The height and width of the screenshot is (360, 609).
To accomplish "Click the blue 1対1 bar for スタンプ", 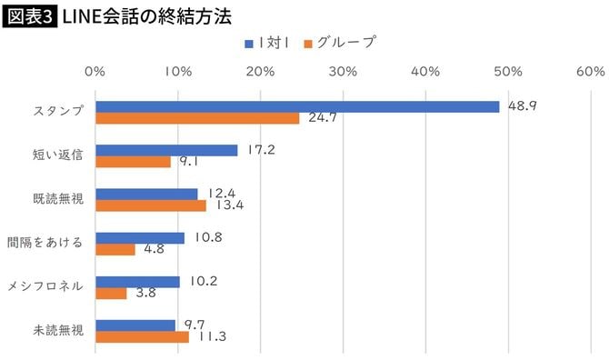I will point(297,106).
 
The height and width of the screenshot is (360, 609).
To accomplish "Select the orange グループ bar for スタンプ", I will point(197,118).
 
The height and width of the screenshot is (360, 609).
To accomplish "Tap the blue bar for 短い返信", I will point(166,150).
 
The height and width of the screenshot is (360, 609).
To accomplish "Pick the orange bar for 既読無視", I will point(151,205).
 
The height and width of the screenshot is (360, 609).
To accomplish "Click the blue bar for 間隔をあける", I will point(140,237).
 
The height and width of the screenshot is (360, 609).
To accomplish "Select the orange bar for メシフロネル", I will point(111,293).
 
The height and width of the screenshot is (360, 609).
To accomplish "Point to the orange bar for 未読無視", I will point(142,336).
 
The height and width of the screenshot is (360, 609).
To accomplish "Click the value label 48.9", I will point(522,105).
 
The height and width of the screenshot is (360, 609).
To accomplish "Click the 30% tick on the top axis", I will point(342,71).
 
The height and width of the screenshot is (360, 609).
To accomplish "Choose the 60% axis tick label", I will point(590,71).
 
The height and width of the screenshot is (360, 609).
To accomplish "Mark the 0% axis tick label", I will point(95,71).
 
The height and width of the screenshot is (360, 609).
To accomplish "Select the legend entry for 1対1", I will point(270,42).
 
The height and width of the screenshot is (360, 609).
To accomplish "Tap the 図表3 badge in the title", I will point(29,15).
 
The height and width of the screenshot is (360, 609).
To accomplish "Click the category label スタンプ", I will point(58,112).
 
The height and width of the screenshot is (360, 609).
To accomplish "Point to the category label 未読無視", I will point(58,330).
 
